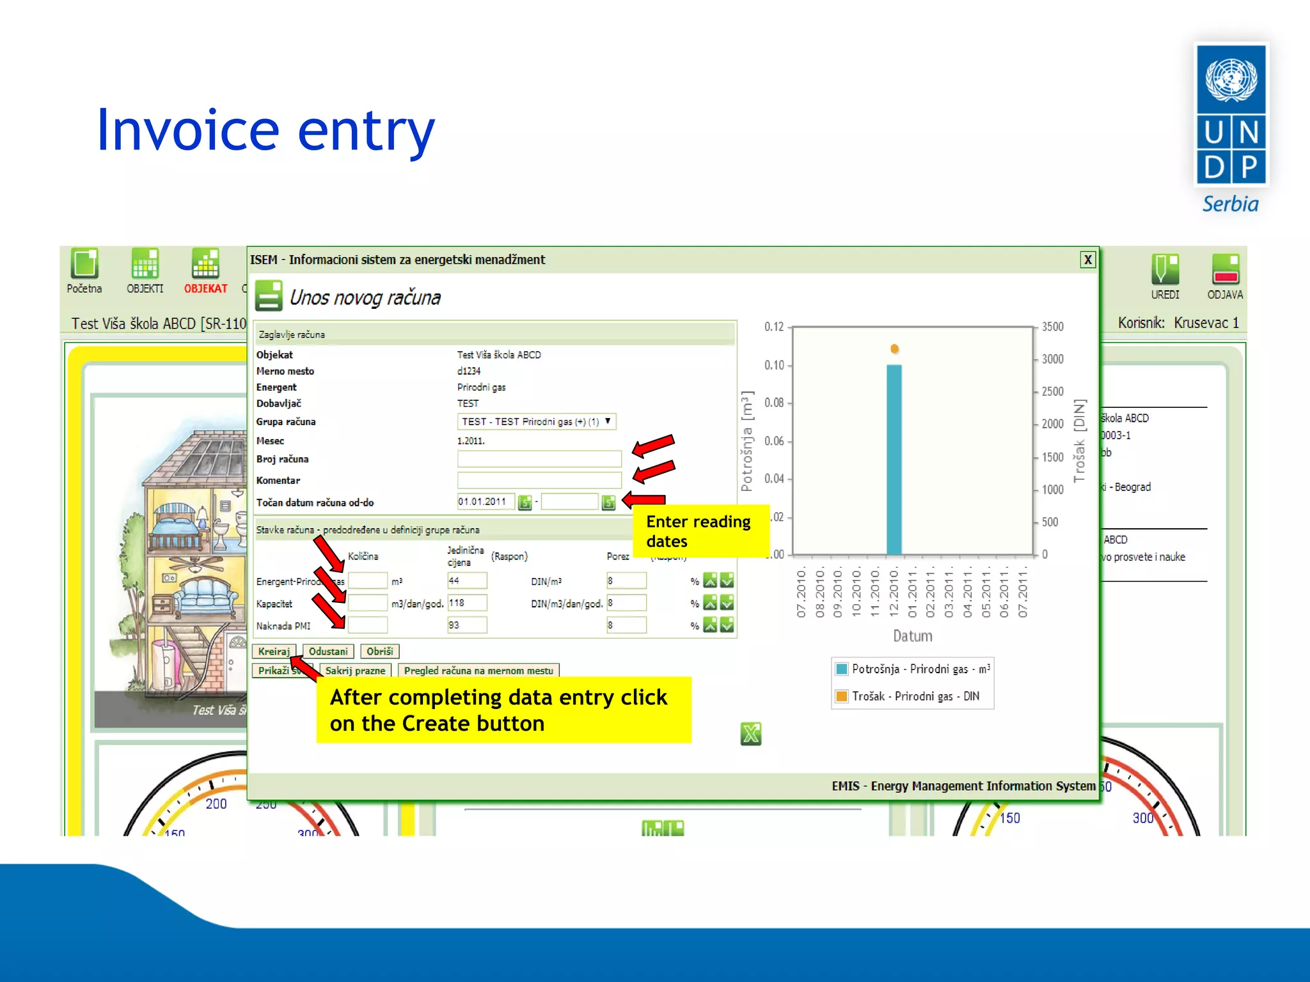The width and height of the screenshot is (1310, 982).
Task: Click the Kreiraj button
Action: [x=274, y=651]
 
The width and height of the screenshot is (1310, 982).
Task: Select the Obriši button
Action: [x=379, y=651]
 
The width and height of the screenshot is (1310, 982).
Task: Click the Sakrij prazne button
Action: [x=355, y=670]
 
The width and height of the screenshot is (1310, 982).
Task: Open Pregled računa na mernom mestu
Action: [x=478, y=670]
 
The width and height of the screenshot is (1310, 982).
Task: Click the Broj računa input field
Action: [x=539, y=458]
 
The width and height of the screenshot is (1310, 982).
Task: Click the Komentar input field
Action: [x=539, y=479]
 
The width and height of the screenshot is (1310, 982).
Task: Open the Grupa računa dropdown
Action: [x=536, y=421]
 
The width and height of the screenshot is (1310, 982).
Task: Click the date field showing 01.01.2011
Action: [x=485, y=501]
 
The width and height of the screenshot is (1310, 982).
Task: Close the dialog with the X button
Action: [x=1087, y=260]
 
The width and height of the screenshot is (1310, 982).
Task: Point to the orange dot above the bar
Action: [x=894, y=348]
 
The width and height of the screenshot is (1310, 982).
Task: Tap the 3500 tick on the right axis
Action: [x=1052, y=327]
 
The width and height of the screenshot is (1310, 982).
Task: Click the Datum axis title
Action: [x=912, y=635]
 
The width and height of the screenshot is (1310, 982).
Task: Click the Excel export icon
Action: [x=750, y=733]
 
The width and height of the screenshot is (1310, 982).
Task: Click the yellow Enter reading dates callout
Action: [x=700, y=531]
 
